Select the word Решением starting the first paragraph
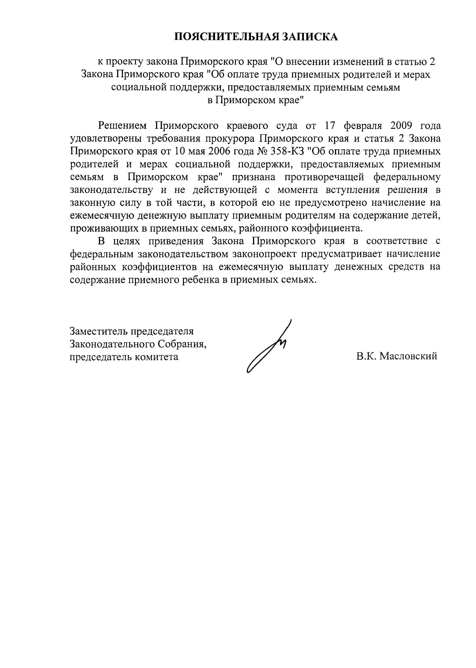pos(122,126)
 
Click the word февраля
pos(363,126)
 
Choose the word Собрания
pos(182,344)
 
